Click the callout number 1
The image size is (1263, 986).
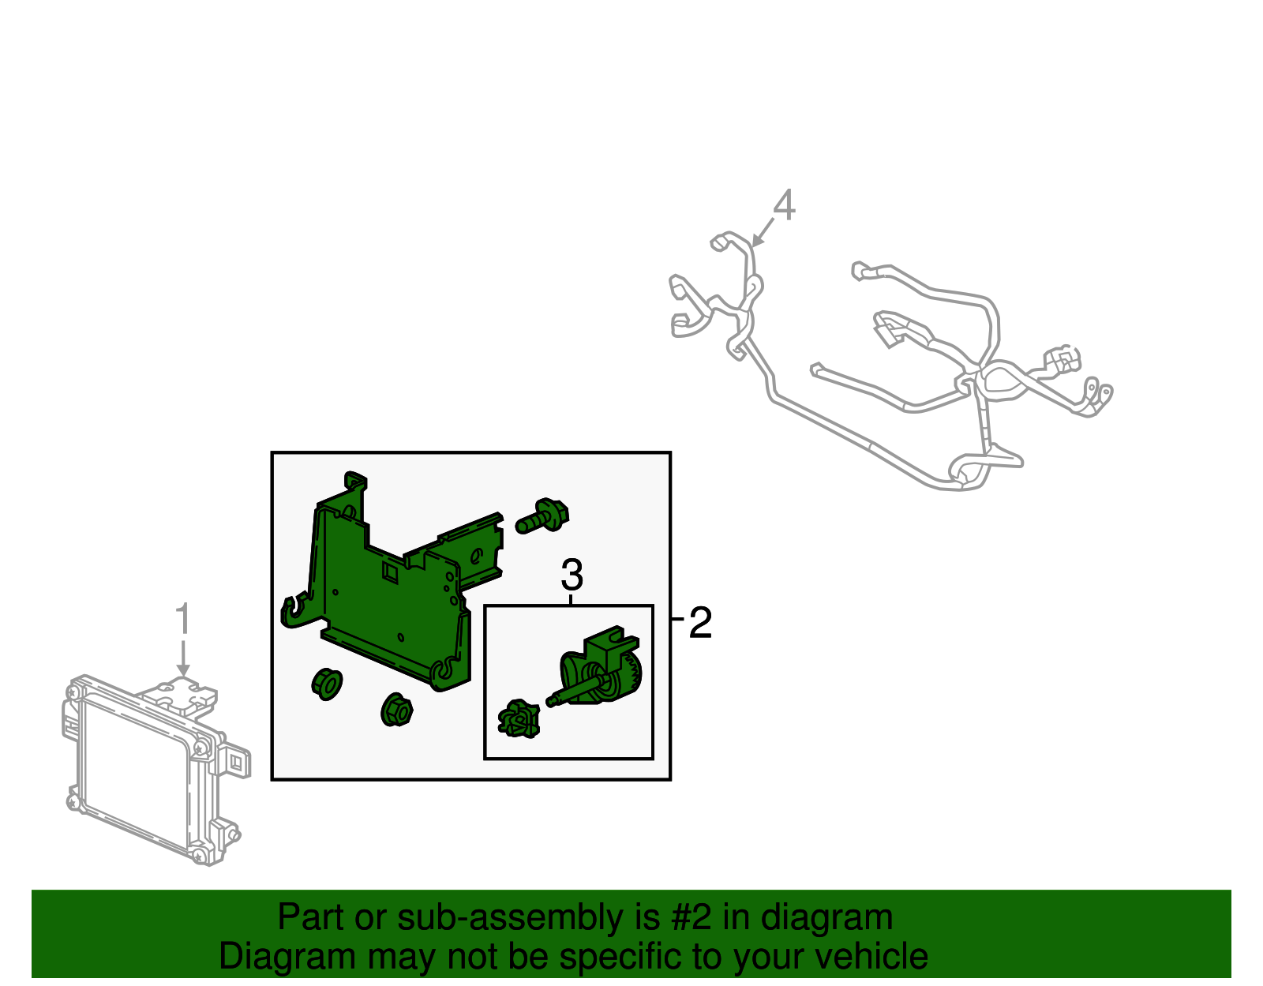(x=182, y=620)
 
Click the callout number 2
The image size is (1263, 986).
(x=700, y=623)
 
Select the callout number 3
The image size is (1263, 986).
(x=572, y=575)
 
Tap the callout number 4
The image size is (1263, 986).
(x=783, y=206)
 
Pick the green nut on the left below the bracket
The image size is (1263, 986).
(x=327, y=684)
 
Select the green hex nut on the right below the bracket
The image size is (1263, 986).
(x=396, y=710)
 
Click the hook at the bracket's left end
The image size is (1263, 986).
(x=293, y=612)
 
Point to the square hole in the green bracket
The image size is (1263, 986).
(x=390, y=571)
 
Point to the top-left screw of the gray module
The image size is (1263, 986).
(x=73, y=692)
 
